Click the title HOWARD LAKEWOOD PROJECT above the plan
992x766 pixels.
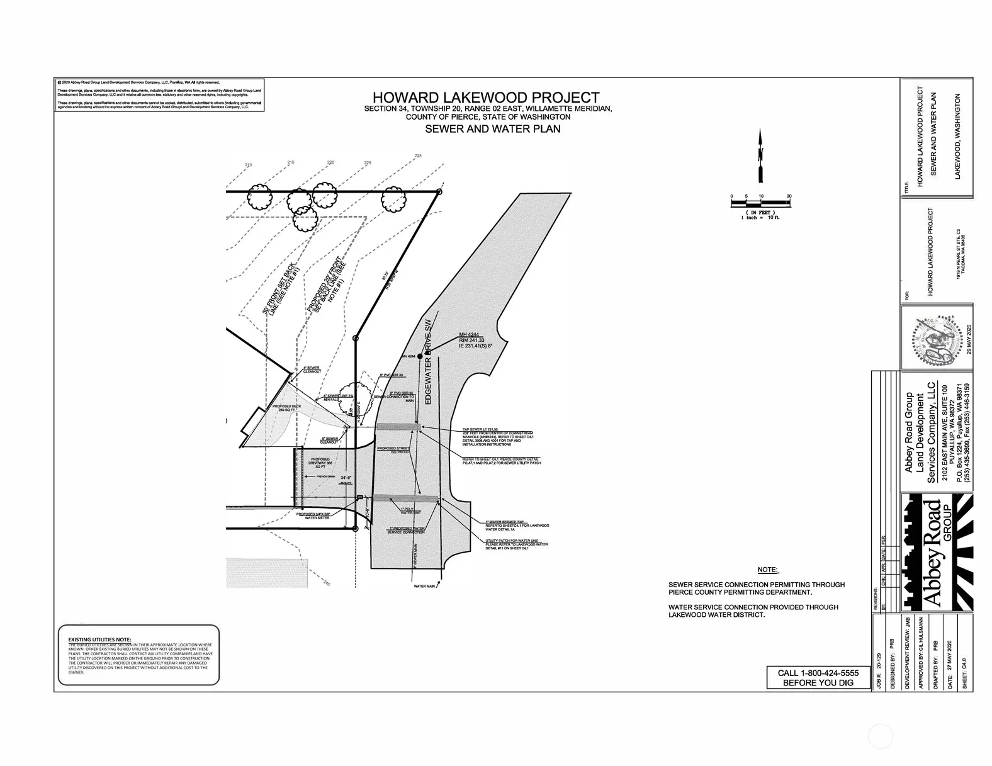(486, 98)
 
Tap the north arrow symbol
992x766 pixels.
(761, 155)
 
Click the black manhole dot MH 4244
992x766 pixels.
(419, 356)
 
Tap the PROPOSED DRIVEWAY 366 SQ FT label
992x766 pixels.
(320, 463)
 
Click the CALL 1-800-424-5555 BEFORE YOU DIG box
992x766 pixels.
(817, 677)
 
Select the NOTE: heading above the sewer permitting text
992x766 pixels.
(767, 570)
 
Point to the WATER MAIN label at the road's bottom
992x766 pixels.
(424, 586)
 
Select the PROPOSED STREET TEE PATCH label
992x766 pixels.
(394, 451)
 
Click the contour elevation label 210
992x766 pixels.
(248, 165)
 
